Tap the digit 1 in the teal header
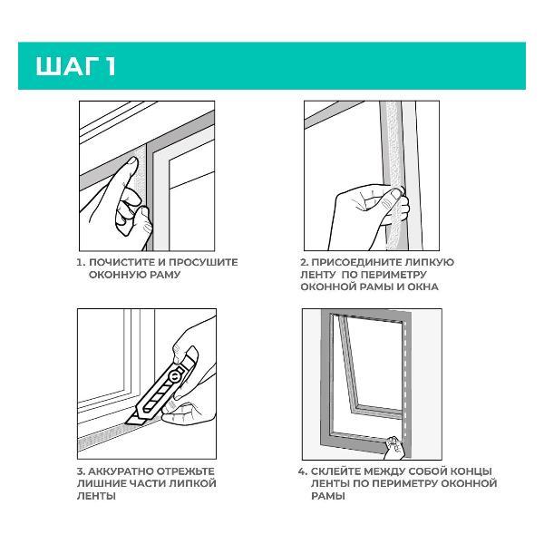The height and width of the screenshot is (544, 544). pos(111,66)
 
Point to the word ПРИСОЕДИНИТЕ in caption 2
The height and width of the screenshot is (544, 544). pos(353,262)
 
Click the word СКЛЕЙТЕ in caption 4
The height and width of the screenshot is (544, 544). pos(336,471)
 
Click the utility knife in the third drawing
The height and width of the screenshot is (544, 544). pos(162,386)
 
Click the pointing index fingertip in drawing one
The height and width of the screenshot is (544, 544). pos(131,161)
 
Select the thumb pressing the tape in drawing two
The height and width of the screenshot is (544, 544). pos(394,194)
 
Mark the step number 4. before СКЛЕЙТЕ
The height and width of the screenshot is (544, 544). pos(303,471)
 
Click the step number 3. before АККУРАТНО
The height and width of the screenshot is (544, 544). pos(82,471)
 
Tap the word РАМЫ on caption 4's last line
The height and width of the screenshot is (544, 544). pos(328,496)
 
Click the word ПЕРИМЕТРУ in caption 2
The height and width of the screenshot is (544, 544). pos(393,275)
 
